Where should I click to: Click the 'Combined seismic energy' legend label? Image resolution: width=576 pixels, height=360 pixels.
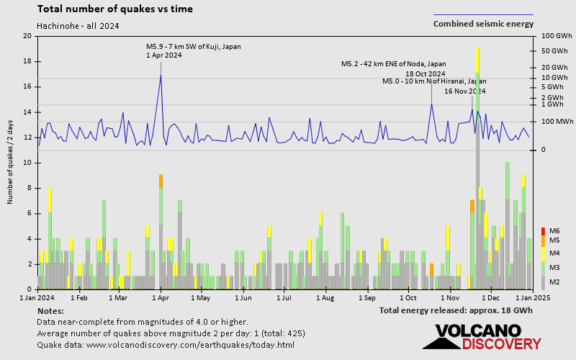tap(483, 24)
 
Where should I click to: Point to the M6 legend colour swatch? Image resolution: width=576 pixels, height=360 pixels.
tap(544, 230)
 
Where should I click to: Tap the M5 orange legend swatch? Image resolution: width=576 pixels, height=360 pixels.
tap(544, 240)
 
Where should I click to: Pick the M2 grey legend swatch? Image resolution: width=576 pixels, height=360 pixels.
tap(544, 282)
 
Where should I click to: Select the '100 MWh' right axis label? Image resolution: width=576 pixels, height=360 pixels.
tap(555, 121)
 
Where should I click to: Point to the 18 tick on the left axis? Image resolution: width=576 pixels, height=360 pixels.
tap(27, 61)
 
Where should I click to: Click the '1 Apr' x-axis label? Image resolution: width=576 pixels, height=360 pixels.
tap(160, 297)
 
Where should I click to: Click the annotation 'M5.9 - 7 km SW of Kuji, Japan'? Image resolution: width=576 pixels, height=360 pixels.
tap(193, 47)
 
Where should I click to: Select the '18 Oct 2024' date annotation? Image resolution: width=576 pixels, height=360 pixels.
tap(425, 73)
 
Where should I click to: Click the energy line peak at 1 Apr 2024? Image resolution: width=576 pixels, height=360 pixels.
tap(161, 75)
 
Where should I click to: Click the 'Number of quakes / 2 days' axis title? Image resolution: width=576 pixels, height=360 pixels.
tap(11, 163)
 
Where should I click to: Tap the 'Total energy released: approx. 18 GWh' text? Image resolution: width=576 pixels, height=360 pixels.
tap(456, 310)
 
